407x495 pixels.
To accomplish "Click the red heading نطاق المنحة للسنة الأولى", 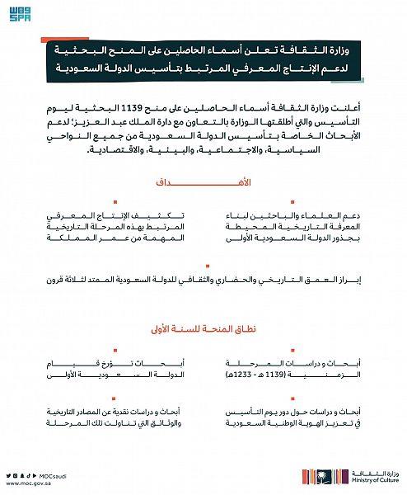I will [203, 329].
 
